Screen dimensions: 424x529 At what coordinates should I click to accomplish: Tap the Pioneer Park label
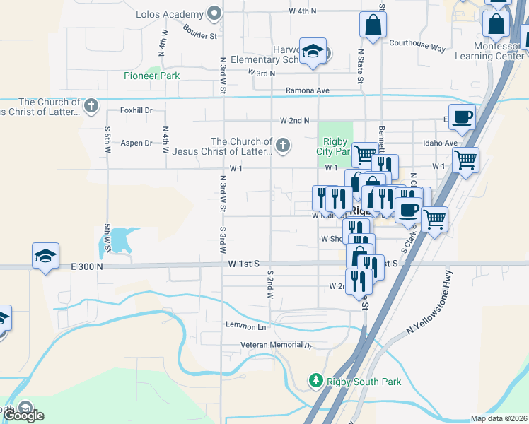tap(151, 76)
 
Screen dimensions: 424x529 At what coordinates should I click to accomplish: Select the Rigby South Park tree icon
tap(315, 382)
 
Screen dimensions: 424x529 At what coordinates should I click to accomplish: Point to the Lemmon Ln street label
tap(245, 326)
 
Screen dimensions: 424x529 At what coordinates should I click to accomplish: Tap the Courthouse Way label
tap(417, 47)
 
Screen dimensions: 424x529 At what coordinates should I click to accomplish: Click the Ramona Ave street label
tap(308, 90)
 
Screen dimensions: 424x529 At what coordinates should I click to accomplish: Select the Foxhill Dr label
tap(136, 110)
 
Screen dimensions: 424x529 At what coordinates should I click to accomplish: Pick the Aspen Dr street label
tap(136, 143)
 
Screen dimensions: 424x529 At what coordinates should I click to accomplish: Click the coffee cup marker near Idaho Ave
tap(462, 117)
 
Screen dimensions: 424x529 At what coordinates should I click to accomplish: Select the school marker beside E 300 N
tap(46, 256)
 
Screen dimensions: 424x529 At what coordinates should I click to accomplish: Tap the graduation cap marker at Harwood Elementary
tap(313, 51)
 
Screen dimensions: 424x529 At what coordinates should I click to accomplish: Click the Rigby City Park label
tap(333, 146)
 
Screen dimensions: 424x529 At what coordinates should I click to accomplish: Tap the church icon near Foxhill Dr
tap(90, 107)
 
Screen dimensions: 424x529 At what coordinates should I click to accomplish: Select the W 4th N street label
tap(303, 11)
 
